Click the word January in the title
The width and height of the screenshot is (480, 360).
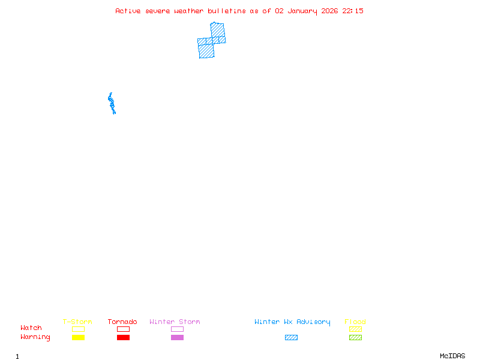point(302,11)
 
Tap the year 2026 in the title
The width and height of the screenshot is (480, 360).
point(329,11)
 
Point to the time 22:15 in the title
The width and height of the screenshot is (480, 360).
point(353,11)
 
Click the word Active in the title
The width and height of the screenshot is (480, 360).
point(128,11)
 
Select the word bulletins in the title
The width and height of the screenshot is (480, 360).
point(227,11)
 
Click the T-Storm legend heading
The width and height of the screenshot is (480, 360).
point(77,322)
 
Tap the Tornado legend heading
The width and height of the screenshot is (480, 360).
point(122,322)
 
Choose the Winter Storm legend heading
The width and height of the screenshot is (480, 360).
point(175,322)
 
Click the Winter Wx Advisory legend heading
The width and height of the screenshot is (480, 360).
point(292,322)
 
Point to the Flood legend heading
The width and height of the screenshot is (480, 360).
point(355,322)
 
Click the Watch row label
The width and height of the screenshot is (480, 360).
point(31,328)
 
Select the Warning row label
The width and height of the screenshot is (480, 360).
point(35,337)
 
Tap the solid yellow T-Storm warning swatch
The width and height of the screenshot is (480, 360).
point(78,337)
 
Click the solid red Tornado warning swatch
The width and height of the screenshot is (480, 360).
point(123,337)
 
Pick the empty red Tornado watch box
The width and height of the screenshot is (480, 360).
point(123,326)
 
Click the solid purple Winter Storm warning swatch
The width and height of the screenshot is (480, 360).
point(177,337)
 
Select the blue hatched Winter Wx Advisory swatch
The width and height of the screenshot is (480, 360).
point(291,337)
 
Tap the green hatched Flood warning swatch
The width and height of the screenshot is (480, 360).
point(355,337)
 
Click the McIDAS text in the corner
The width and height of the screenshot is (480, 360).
point(452,356)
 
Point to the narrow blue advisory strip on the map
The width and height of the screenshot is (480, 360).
point(112,103)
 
